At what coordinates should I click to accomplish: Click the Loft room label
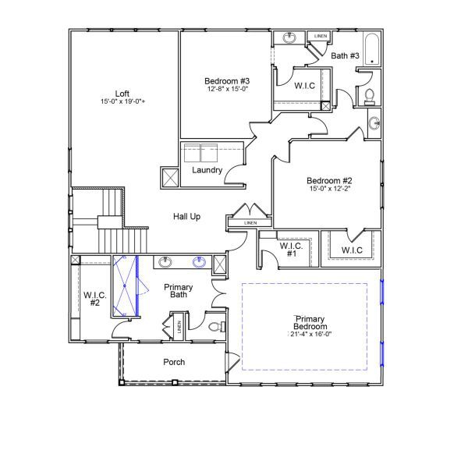pyautogui.click(x=121, y=93)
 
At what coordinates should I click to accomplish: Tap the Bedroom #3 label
pyautogui.click(x=227, y=81)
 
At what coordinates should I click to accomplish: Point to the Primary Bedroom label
pyautogui.click(x=310, y=323)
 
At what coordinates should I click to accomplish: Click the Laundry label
pyautogui.click(x=207, y=170)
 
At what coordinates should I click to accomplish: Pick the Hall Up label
pyautogui.click(x=186, y=216)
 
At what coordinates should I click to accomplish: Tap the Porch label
pyautogui.click(x=174, y=362)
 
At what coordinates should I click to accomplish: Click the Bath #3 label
pyautogui.click(x=345, y=56)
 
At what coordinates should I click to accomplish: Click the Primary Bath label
pyautogui.click(x=178, y=291)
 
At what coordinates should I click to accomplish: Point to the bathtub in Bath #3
pyautogui.click(x=372, y=50)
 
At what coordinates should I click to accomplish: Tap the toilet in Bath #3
pyautogui.click(x=370, y=96)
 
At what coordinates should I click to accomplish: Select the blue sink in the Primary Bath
pyautogui.click(x=200, y=262)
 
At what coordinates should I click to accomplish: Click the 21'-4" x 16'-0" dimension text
pyautogui.click(x=310, y=335)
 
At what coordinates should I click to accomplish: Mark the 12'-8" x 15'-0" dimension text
pyautogui.click(x=227, y=90)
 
